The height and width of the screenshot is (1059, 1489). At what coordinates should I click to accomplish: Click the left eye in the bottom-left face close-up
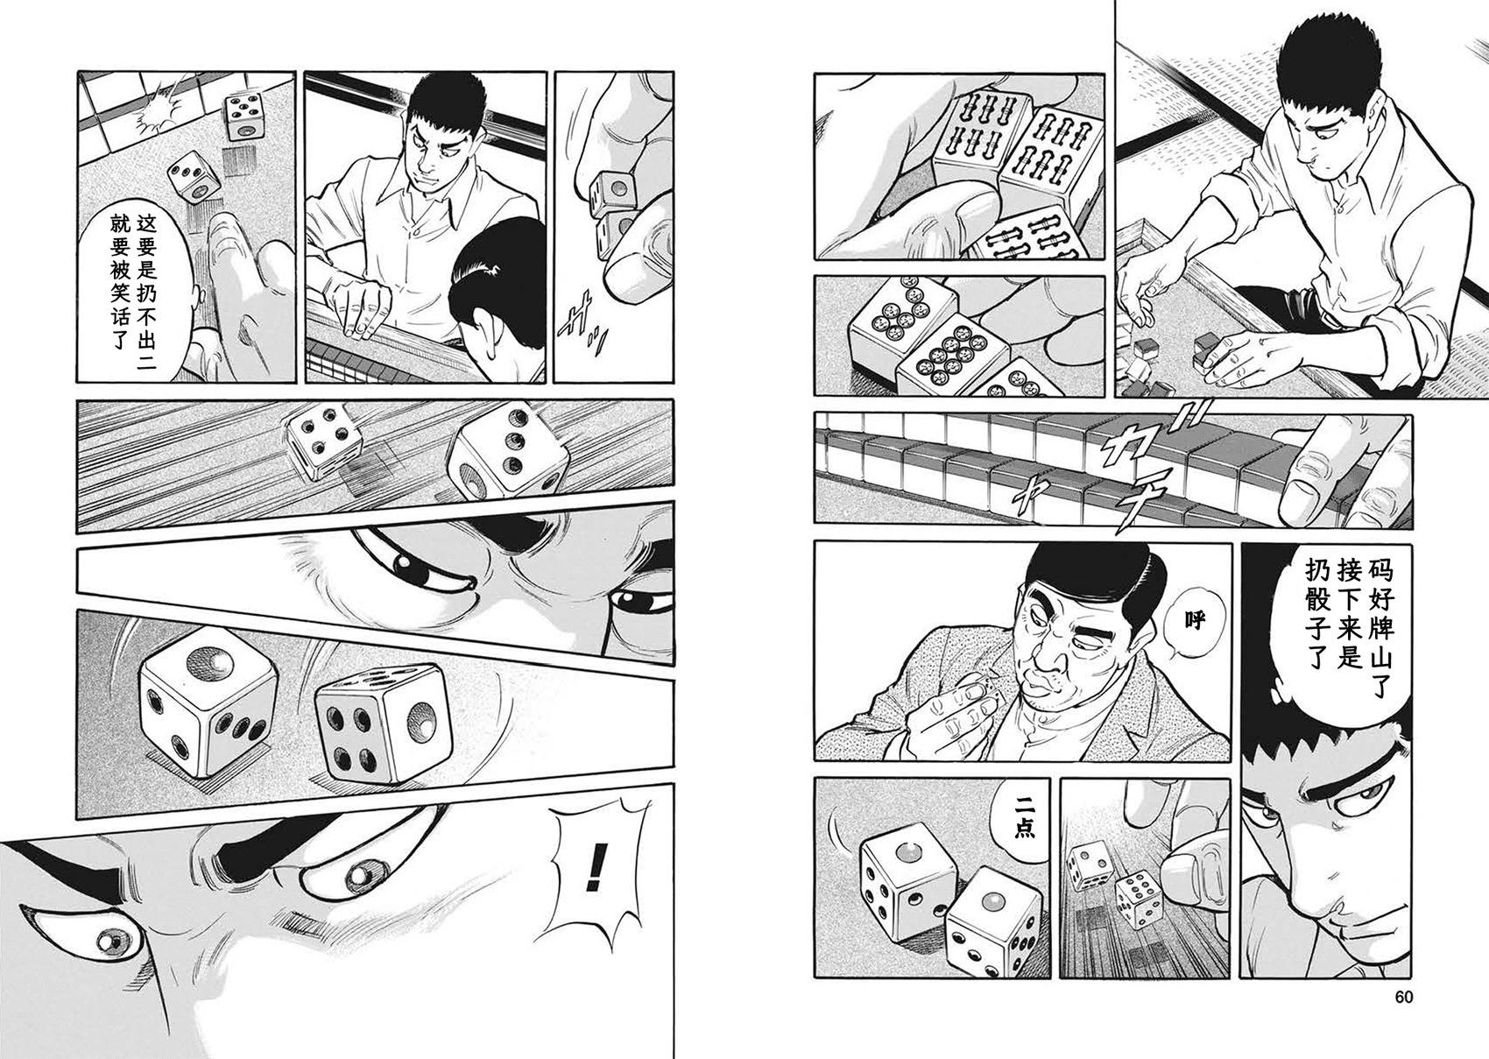click(x=117, y=940)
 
